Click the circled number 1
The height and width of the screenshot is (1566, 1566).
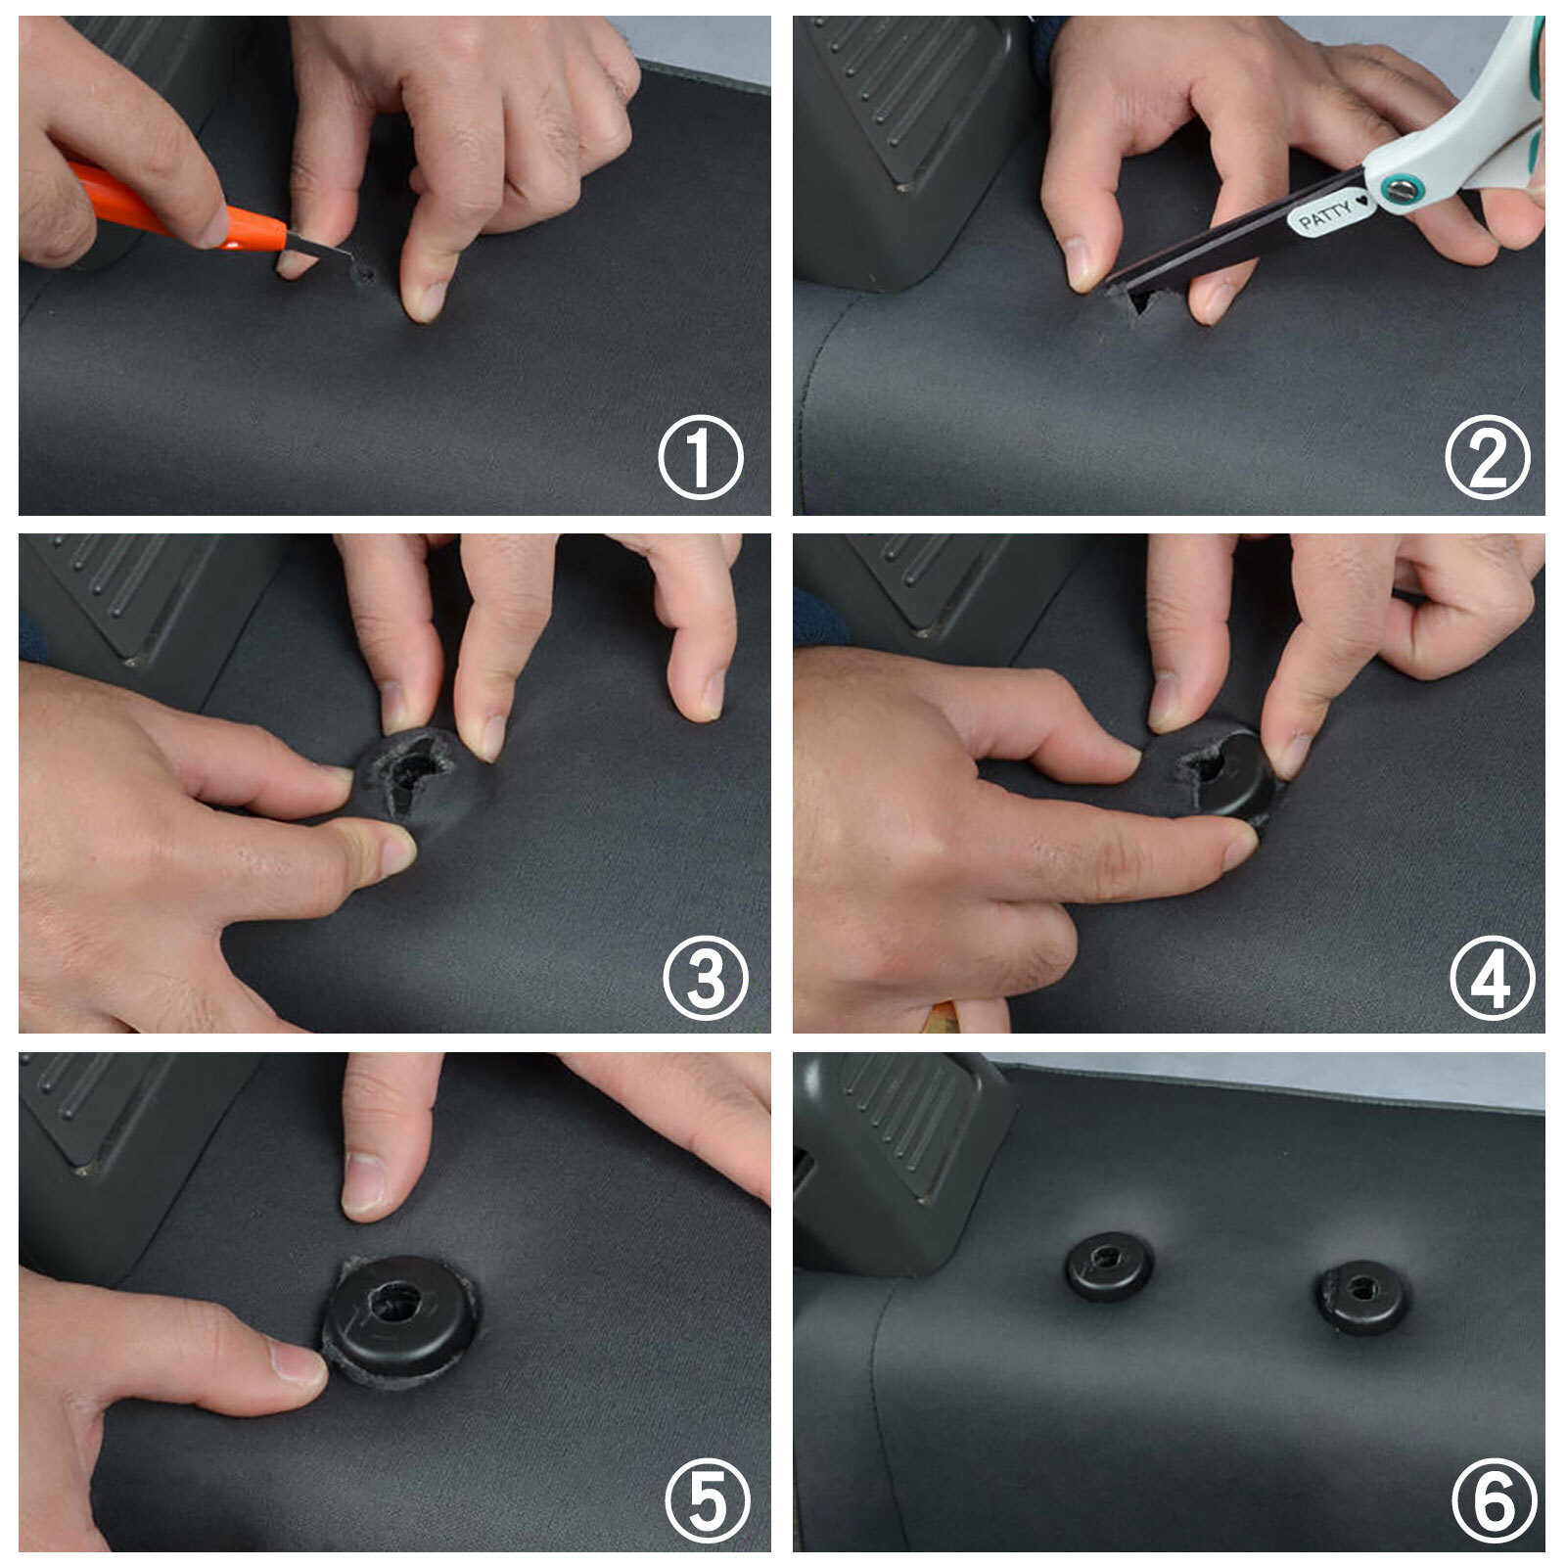click(x=701, y=457)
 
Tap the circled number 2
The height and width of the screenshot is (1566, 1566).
click(x=1488, y=457)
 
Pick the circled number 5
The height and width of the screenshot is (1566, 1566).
click(x=708, y=1500)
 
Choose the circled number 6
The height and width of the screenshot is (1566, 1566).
click(x=1495, y=1500)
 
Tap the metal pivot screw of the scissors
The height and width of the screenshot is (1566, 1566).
click(x=1404, y=183)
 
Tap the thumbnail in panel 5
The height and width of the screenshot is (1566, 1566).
click(x=299, y=1363)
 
